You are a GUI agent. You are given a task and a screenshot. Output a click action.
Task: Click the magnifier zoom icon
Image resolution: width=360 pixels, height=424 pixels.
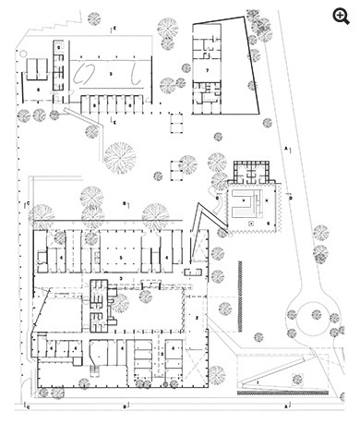[x=347, y=12]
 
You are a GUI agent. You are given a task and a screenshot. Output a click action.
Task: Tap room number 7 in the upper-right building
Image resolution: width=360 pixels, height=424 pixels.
[x=209, y=69]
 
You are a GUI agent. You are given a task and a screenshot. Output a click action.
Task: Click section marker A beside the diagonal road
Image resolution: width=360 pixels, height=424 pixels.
[x=287, y=146]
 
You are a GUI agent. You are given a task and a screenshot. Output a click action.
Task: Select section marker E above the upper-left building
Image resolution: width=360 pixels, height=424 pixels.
[x=114, y=30]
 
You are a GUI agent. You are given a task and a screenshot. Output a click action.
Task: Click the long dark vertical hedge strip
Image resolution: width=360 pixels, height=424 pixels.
[x=239, y=287]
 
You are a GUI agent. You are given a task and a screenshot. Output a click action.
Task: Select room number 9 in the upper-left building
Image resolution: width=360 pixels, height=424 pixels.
[x=58, y=45]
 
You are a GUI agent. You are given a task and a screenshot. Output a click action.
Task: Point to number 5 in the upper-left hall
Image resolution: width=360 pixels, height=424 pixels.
[x=111, y=70]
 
